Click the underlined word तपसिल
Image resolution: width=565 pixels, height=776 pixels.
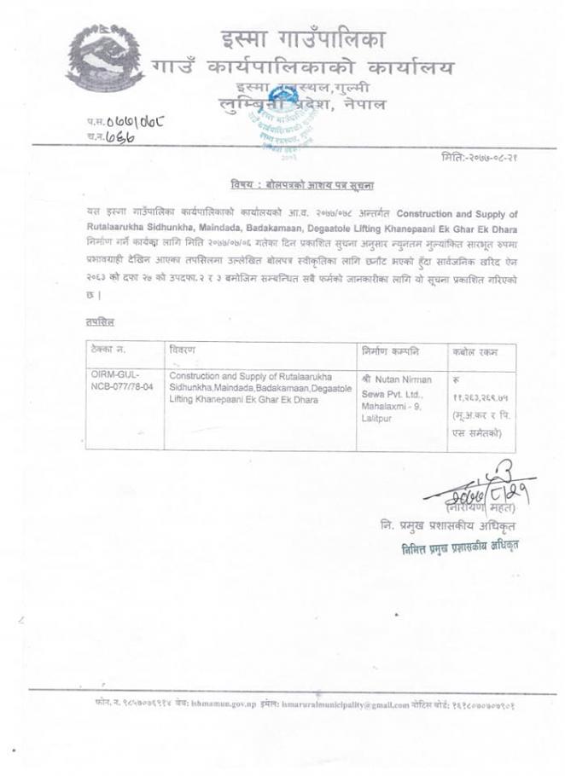101,322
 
